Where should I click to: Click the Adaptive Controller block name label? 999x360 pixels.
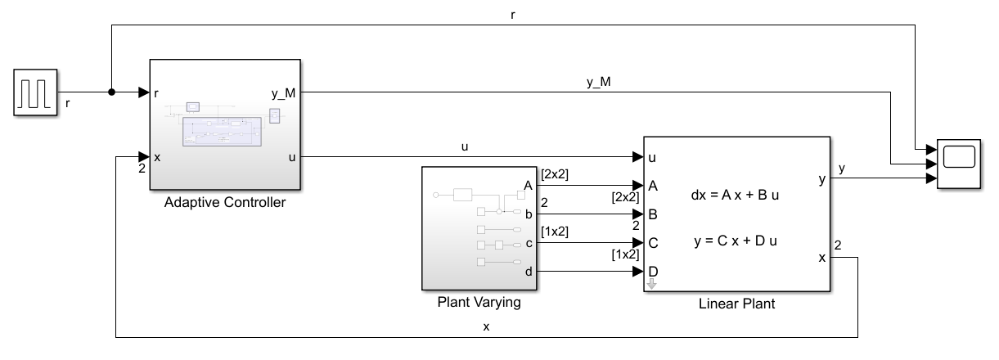(225, 203)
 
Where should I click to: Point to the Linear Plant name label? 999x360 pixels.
(736, 304)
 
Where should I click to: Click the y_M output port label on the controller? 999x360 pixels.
(283, 92)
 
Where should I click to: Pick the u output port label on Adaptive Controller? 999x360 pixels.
(292, 157)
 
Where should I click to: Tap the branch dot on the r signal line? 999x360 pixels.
(111, 92)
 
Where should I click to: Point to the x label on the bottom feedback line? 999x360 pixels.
(487, 326)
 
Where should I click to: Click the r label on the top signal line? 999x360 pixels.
(513, 14)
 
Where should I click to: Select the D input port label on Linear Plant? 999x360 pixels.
(653, 271)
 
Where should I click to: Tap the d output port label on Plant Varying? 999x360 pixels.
(528, 272)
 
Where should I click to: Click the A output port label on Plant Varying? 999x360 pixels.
(528, 186)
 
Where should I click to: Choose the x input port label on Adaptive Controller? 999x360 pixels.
(155, 157)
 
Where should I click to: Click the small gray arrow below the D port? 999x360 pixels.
(652, 285)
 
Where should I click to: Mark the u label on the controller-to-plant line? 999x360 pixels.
(465, 146)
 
